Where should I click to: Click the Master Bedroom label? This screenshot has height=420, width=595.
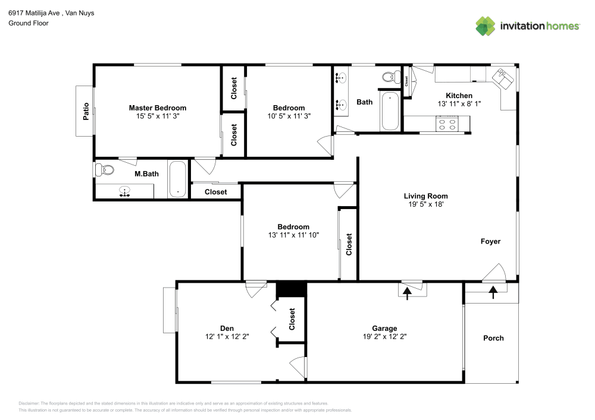coord(158,108)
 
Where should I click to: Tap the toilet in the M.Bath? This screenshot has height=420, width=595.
coord(104,170)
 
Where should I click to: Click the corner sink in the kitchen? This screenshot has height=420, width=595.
coord(503,79)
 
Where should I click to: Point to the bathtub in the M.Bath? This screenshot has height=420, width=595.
coord(177,179)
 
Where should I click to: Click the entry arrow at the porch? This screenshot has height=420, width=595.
coord(493,292)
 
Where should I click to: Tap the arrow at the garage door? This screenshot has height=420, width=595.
coord(407,293)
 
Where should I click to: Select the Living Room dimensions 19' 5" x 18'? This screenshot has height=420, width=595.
coord(426,204)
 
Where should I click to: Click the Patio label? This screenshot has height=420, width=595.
coord(86,111)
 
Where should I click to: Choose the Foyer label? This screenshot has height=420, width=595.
coord(490,241)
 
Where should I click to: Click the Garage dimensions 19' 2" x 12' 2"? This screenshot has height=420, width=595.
coord(384,336)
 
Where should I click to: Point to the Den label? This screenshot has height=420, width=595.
coord(227,329)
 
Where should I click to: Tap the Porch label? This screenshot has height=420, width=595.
coord(493,338)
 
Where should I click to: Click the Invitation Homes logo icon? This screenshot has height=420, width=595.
coord(486,26)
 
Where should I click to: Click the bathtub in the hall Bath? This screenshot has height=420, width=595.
coord(390,110)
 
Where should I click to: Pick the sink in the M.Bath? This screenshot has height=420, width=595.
coord(124,192)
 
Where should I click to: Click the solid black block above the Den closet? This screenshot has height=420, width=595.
coord(291,289)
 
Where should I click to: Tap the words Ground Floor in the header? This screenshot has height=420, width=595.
coord(29,23)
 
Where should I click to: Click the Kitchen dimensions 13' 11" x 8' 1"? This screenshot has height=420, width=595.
coord(459,104)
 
